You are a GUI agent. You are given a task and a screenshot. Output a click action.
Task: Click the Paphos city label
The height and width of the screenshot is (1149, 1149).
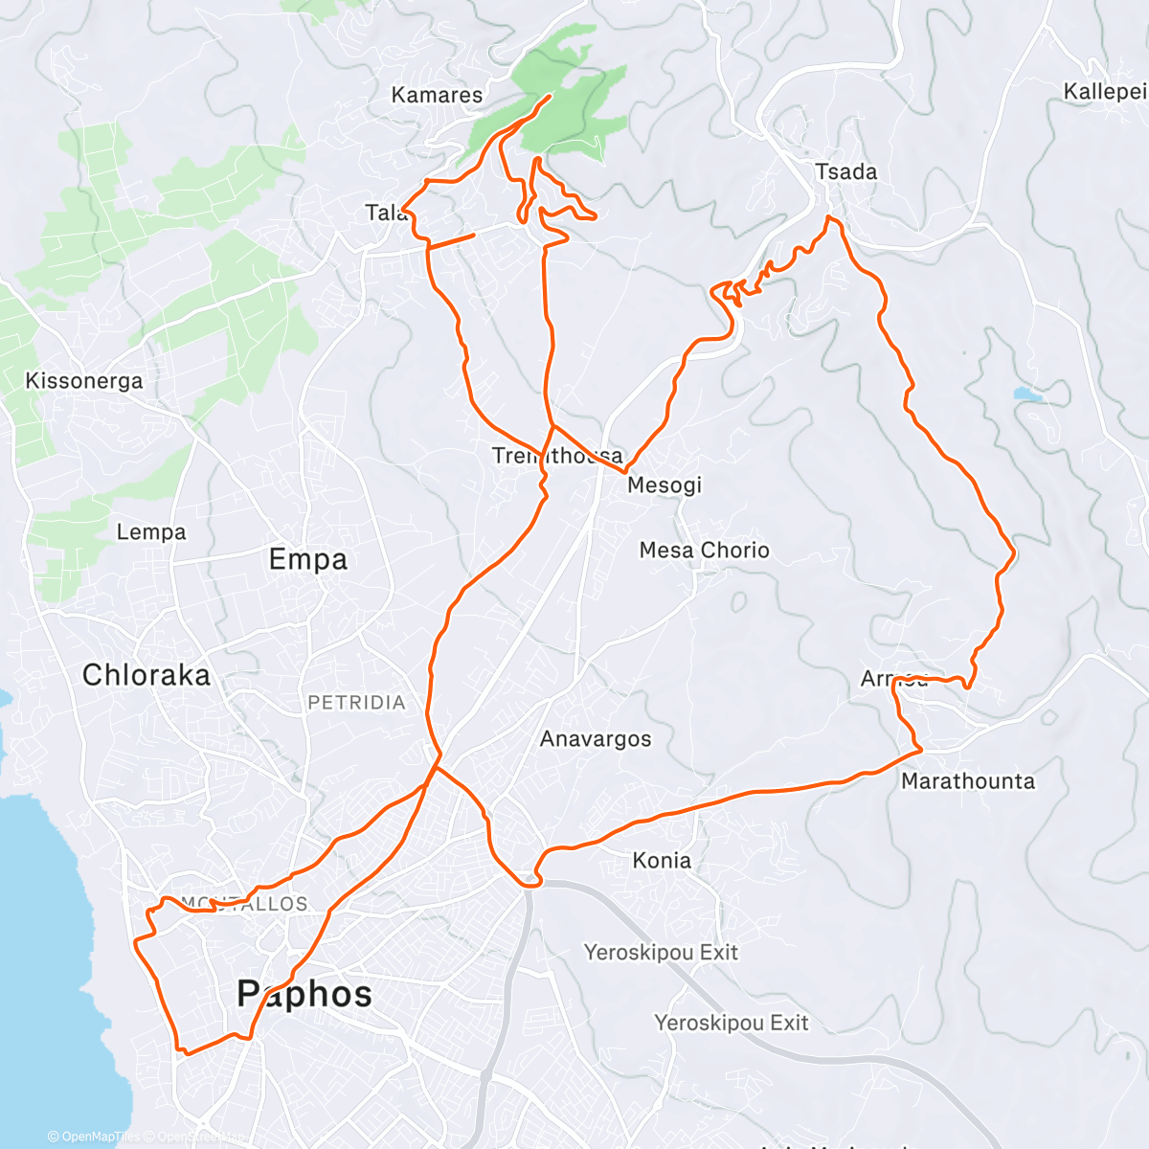coord(304,994)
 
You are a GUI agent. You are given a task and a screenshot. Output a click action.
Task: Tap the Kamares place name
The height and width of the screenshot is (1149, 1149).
coord(437,95)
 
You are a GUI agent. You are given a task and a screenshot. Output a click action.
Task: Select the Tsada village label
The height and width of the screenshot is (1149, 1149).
coord(845,171)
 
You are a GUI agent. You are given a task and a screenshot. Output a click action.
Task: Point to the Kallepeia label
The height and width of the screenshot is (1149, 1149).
coord(1105,92)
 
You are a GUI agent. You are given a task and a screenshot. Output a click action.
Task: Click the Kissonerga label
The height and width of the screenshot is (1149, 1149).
coord(84,381)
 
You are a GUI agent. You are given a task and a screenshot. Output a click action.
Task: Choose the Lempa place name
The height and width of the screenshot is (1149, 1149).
coord(151,532)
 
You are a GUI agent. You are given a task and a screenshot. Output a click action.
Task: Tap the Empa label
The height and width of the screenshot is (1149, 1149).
coord(307,560)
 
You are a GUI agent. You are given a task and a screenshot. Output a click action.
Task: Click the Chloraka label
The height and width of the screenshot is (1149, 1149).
coord(146,675)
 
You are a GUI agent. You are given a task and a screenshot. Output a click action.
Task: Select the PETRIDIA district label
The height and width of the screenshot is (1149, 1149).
coord(356,703)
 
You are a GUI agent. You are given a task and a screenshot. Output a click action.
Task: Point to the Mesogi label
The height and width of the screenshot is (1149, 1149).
coord(665,485)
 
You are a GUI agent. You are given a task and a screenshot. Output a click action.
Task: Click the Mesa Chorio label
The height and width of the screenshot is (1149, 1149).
coord(704,551)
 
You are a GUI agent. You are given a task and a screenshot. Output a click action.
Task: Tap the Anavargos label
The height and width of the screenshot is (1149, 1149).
coord(596,739)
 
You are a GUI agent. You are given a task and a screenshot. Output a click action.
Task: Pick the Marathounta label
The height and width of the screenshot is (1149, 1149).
coord(968,781)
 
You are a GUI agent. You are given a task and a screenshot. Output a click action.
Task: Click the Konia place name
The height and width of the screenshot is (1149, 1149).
coord(662,861)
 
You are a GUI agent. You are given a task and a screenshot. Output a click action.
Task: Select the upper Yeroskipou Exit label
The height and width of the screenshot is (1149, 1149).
coord(662,953)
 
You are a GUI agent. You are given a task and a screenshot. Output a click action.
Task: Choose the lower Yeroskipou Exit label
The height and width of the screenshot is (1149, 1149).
coord(732,1024)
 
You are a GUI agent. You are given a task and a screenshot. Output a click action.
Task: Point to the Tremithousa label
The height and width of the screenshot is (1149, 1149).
coord(557,456)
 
